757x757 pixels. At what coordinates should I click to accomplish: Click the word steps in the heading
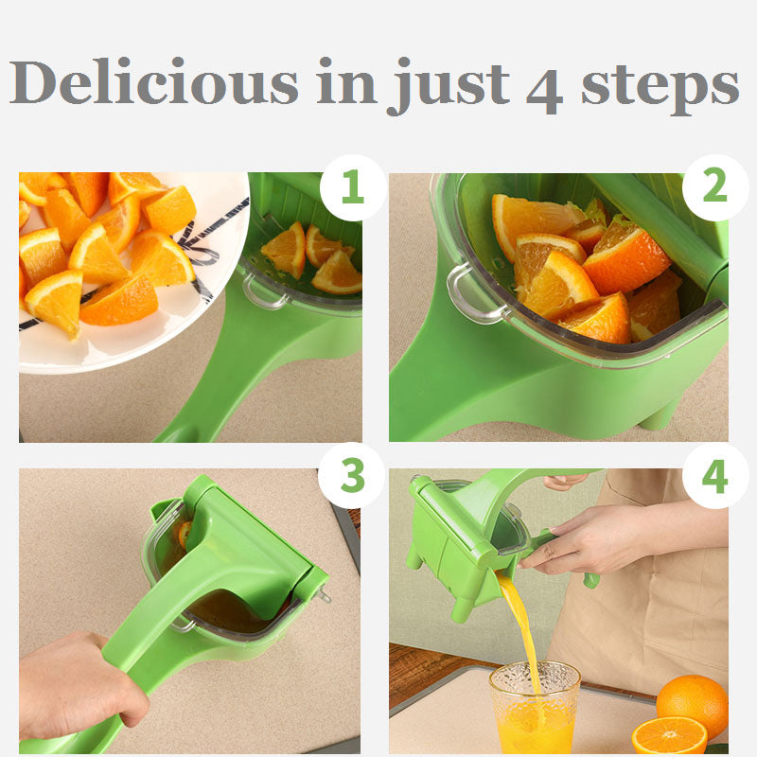point(660,85)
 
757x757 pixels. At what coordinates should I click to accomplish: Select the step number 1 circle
point(352,187)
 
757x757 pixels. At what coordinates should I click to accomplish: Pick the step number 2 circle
point(714,187)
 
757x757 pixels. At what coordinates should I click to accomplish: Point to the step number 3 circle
point(352,475)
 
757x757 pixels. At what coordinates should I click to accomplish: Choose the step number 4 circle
point(714,475)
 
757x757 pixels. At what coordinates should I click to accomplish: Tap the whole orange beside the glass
point(693,704)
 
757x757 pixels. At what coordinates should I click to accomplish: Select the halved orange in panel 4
point(668,736)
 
